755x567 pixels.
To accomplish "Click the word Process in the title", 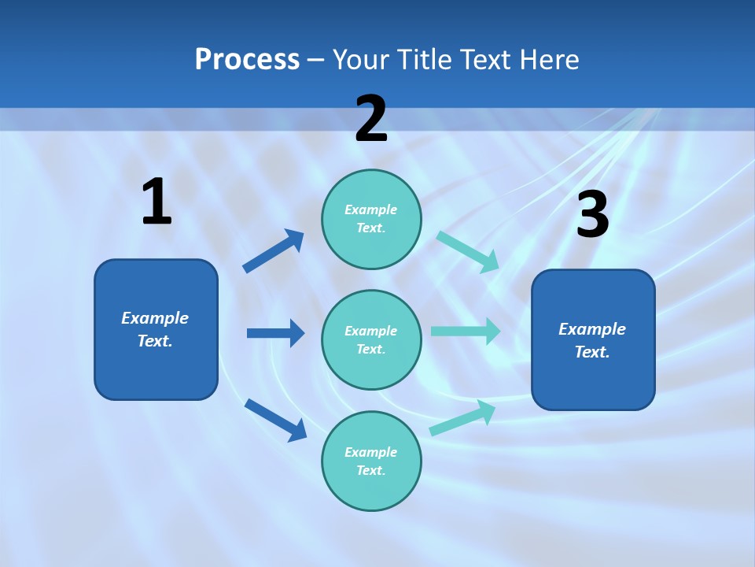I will [247, 60].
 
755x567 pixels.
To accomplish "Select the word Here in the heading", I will [548, 60].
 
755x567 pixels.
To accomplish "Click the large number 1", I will [157, 202].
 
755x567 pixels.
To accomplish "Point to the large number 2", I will [371, 119].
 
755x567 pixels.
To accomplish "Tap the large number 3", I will [593, 215].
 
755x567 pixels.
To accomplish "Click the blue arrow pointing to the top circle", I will [273, 251].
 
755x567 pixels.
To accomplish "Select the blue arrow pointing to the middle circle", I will [275, 333].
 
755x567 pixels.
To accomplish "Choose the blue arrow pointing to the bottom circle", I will [275, 420].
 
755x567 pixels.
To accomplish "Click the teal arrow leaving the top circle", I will [467, 252].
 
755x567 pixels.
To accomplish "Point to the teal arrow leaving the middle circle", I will [466, 331].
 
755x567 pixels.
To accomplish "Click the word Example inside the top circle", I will [371, 209].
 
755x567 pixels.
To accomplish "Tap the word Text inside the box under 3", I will [591, 352].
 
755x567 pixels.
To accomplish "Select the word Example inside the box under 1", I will [155, 318].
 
